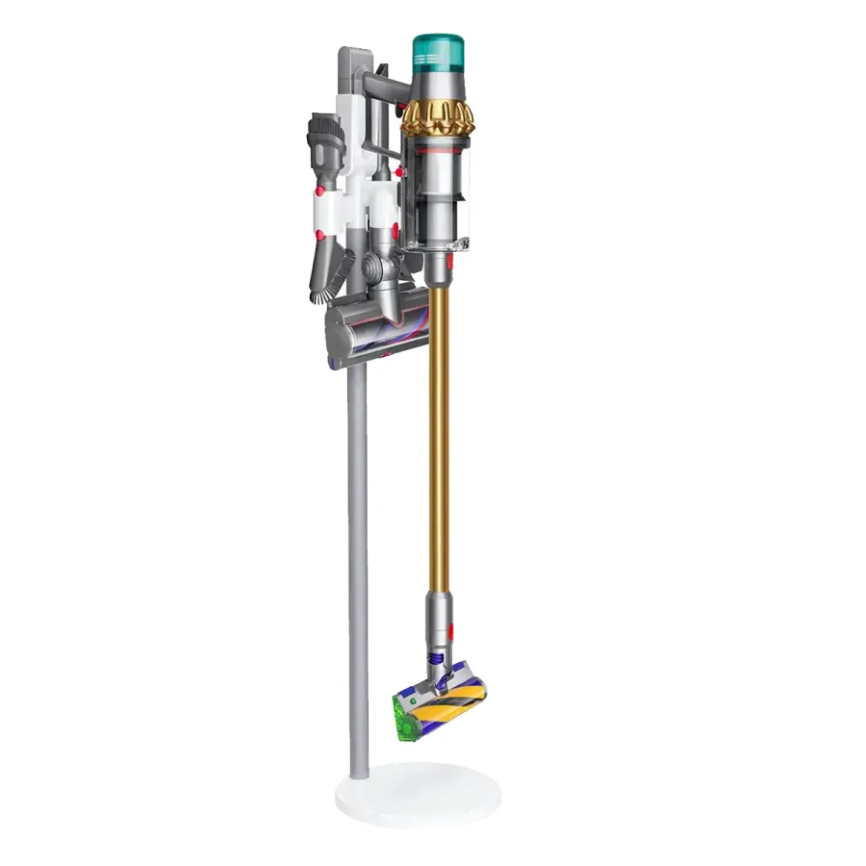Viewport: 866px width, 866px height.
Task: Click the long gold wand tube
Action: [x=438, y=433]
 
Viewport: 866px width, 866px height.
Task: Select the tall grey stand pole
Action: [x=357, y=558]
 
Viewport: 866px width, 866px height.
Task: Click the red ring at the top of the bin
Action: [x=438, y=151]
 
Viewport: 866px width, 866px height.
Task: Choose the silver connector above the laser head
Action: [x=439, y=616]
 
